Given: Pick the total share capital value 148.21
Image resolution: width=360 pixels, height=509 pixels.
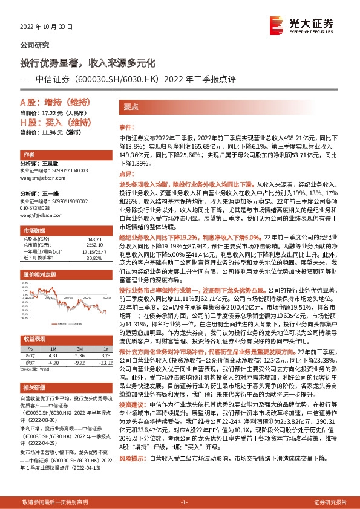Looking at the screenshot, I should [x=93, y=239].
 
